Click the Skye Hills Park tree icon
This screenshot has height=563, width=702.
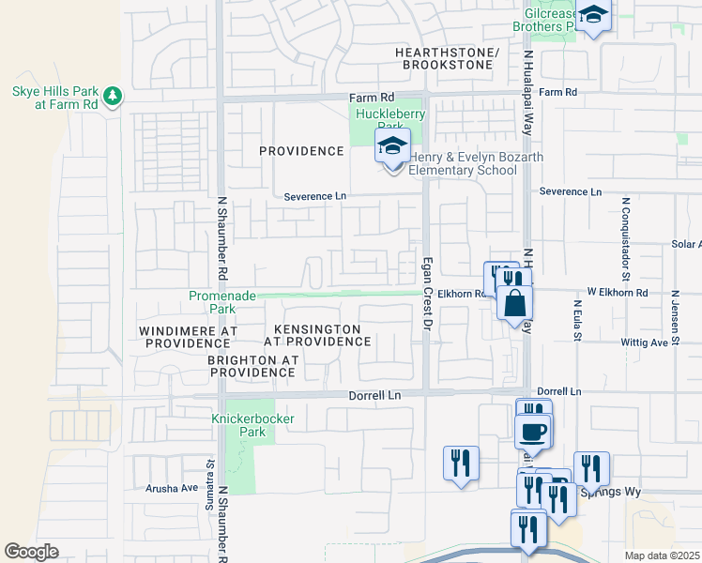point(113,95)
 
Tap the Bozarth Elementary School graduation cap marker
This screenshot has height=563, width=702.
point(393,147)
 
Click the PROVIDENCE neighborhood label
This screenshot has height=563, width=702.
point(302,151)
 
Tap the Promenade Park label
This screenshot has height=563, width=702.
point(221,301)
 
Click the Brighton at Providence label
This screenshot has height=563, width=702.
point(252,366)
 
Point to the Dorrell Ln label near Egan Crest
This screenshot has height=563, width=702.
point(374,396)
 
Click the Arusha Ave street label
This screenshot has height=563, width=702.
point(172,488)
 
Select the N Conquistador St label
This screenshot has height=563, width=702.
point(623,224)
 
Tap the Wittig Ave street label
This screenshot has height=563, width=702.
point(644,343)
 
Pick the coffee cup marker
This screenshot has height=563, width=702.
point(534,431)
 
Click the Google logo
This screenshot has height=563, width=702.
point(31,552)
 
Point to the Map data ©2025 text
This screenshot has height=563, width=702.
point(662,555)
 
